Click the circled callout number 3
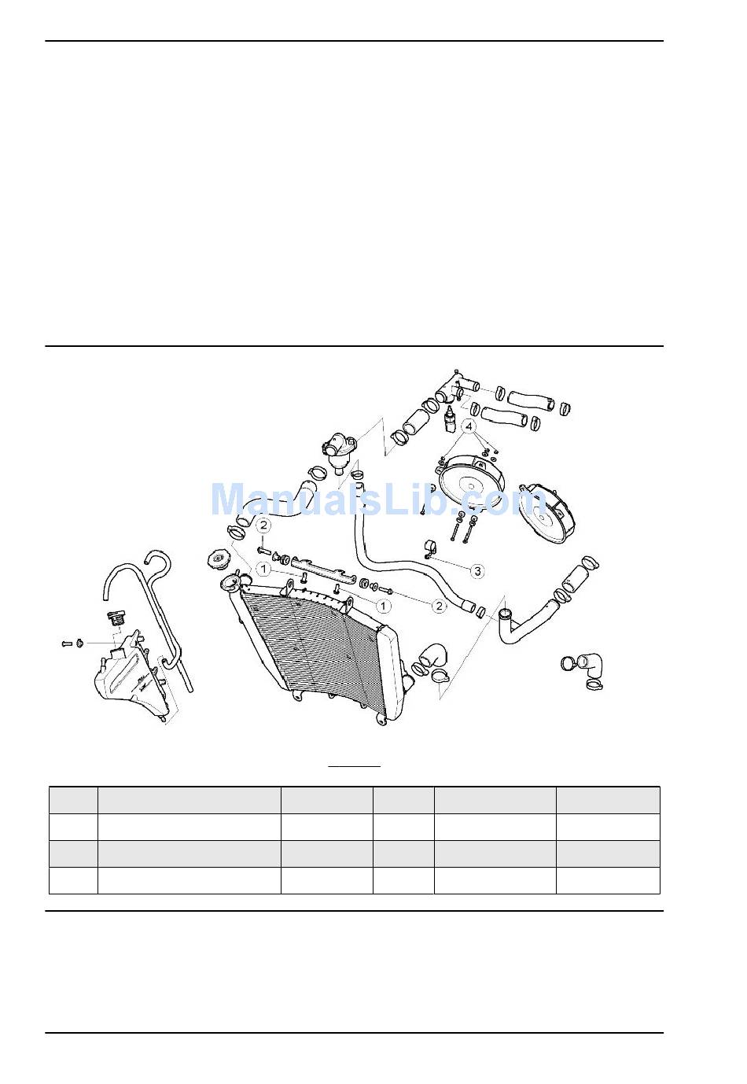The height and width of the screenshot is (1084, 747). (x=477, y=571)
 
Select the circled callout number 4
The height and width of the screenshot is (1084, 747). (x=468, y=427)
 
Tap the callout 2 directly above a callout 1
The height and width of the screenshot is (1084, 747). (x=263, y=525)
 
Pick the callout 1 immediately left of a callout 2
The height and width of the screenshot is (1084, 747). (x=383, y=606)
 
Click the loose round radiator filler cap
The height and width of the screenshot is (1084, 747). (x=217, y=561)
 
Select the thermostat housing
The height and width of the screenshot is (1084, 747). (x=340, y=455)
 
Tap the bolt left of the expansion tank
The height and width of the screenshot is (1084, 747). (x=68, y=643)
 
